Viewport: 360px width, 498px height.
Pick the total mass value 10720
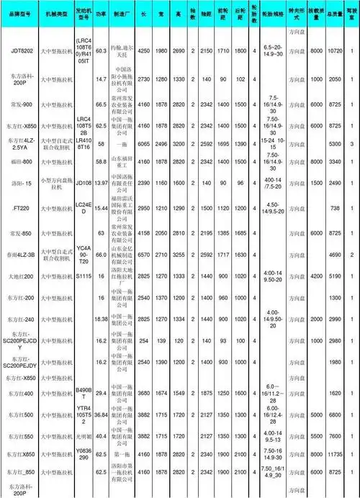coord(334,52)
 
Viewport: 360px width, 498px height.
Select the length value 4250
coord(143,52)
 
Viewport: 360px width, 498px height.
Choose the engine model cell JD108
coord(83,184)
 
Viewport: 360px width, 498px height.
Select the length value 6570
coord(143,255)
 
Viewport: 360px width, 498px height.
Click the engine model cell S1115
coord(83,276)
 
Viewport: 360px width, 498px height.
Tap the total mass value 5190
coord(334,276)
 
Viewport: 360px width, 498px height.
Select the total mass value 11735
coord(334,456)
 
